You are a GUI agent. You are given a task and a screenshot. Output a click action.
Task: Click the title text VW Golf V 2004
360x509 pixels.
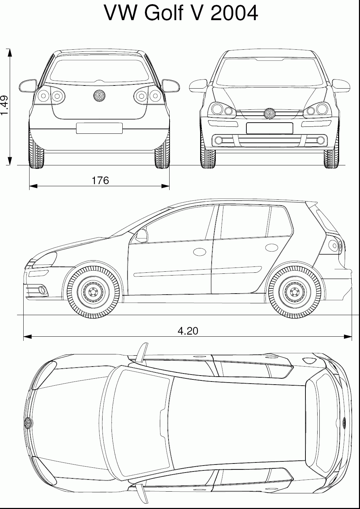click(181, 13)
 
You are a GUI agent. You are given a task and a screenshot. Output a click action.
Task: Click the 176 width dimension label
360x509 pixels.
click(100, 180)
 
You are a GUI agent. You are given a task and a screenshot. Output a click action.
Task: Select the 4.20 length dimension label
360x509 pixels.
click(188, 331)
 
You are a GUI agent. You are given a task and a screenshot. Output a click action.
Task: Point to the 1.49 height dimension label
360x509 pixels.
click(5, 105)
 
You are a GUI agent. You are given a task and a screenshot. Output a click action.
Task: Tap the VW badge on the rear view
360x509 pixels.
click(99, 96)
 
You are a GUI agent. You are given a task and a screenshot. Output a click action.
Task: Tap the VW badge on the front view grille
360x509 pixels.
click(270, 113)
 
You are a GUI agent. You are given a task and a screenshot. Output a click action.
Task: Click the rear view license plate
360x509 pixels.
click(99, 129)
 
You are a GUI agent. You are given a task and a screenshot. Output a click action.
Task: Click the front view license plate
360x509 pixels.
click(270, 129)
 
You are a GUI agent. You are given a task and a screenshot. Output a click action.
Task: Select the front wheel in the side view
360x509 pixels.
click(93, 292)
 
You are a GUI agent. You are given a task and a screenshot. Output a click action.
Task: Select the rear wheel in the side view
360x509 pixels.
click(295, 292)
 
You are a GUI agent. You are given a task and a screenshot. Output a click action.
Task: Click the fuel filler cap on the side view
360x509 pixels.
click(272, 247)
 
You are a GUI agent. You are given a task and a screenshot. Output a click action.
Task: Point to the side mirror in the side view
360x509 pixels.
click(142, 236)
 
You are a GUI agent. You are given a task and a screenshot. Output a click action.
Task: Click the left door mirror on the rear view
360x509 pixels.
click(28, 86)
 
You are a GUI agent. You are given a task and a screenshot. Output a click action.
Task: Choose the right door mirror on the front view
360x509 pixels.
click(341, 86)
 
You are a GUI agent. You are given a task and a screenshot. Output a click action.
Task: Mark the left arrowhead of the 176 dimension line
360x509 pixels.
click(33, 186)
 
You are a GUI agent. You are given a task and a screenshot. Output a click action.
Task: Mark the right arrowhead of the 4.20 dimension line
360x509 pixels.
click(348, 337)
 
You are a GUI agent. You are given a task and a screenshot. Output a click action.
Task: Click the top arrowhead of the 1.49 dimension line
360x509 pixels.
click(9, 52)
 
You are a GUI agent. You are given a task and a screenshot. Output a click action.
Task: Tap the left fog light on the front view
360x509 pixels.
click(219, 140)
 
